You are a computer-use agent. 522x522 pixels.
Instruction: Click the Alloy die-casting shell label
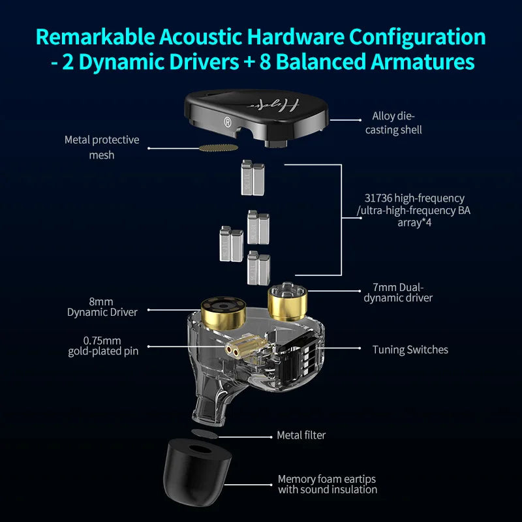pos(397,123)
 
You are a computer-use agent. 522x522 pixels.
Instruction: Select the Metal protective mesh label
pos(101,147)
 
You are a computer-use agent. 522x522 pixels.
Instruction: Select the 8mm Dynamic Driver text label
pos(102,307)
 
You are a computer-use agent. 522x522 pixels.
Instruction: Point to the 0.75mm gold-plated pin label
pos(103,346)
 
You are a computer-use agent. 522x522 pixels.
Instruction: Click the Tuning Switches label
pos(410,350)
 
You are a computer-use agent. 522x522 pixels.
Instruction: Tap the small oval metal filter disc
pos(206,433)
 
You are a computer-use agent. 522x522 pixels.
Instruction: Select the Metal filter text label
pos(301,435)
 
